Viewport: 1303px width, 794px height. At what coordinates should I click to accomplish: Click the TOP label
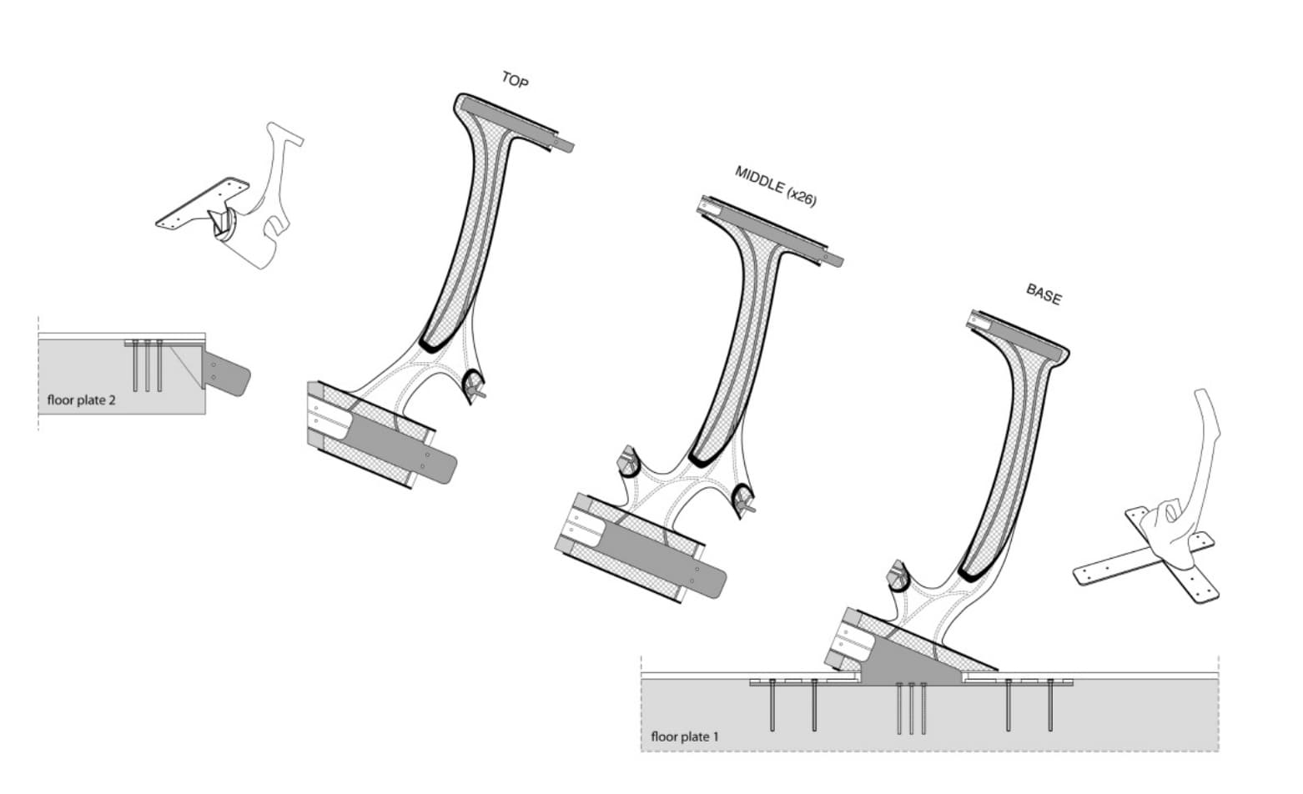[x=514, y=80]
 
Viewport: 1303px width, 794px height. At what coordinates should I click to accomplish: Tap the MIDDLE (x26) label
[x=775, y=185]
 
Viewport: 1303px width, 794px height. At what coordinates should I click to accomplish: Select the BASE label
[x=1044, y=294]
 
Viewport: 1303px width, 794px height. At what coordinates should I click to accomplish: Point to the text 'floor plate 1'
[x=684, y=736]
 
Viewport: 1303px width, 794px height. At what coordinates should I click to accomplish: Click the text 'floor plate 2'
[x=82, y=400]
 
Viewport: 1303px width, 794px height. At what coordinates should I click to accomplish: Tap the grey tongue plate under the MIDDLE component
[x=667, y=559]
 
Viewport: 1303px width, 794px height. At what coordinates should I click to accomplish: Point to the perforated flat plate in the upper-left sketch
[x=200, y=204]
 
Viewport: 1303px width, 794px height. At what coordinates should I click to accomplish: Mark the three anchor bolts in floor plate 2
[x=148, y=365]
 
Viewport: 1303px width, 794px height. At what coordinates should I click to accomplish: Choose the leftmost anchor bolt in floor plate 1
[x=773, y=706]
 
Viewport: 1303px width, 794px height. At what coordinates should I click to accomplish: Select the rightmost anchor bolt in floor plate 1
[x=1049, y=706]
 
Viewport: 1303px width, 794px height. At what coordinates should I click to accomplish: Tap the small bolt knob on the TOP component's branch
[x=475, y=385]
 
